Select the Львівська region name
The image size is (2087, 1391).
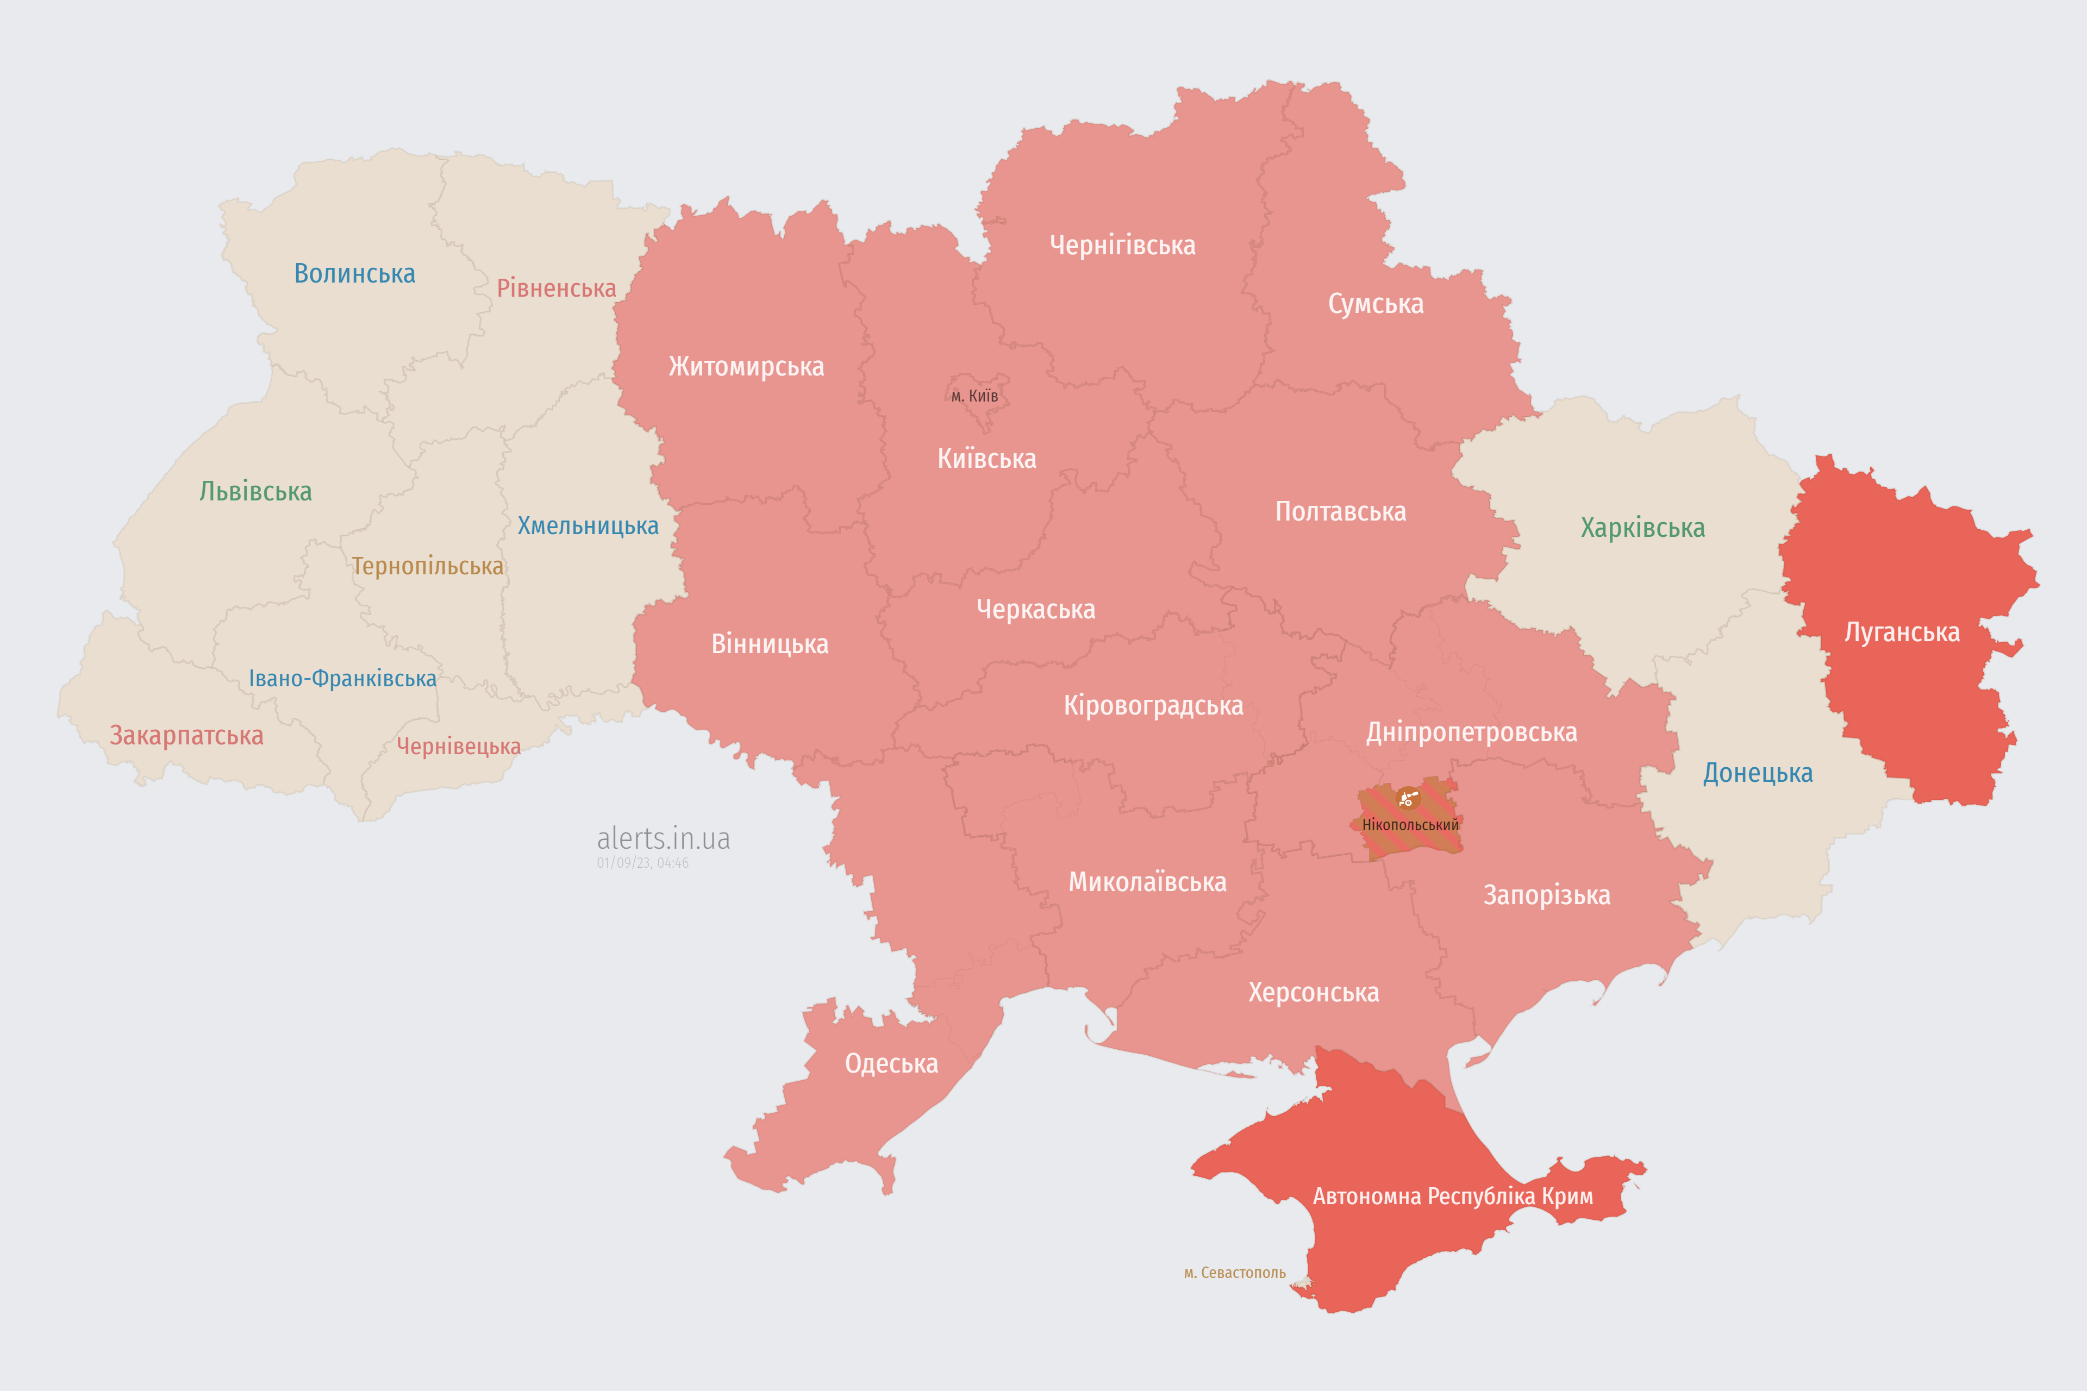pos(255,491)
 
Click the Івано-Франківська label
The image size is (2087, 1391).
pos(342,679)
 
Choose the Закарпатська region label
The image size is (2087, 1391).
pos(186,735)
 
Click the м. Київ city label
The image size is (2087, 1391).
pos(974,396)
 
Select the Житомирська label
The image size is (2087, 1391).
pos(746,366)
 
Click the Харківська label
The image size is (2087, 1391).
pos(1642,528)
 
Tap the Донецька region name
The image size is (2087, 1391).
pos(1757,773)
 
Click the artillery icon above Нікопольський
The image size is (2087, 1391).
pos(1407,798)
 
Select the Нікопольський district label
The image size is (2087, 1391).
pos(1410,825)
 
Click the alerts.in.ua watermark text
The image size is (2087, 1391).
pos(663,838)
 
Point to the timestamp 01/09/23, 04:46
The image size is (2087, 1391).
pos(642,862)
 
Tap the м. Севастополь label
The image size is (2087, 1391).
pos(1234,1273)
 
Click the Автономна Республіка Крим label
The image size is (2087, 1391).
pos(1453,1196)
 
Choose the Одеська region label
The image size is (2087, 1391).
pos(891,1064)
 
